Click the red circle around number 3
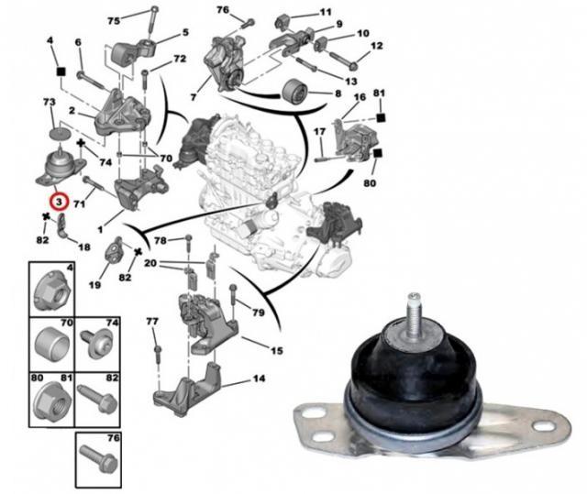point(59,202)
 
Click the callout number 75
point(114,20)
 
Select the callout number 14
point(259,379)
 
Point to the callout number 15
point(277,351)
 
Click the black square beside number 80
point(377,153)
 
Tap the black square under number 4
point(60,71)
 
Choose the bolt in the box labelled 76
point(98,459)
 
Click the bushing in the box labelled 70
point(52,342)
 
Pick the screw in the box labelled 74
point(96,343)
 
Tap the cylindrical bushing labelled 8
point(294,93)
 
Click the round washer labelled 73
point(60,133)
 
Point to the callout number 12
point(376,46)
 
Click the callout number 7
point(194,97)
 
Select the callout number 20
point(150,263)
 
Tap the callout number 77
point(152,321)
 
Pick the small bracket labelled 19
point(114,249)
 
